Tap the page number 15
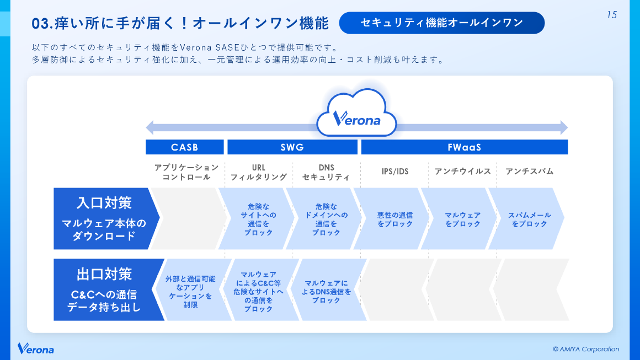611,15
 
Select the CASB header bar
184,147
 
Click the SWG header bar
292,147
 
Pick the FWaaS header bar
464,147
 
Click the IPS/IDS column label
395,171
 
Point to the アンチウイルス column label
462,171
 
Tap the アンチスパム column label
529,171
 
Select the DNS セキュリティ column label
326,172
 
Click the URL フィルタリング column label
258,172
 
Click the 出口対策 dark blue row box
105,289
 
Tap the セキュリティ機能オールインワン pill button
441,23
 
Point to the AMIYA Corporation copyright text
585,349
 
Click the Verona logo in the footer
36,349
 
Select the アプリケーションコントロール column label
186,172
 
